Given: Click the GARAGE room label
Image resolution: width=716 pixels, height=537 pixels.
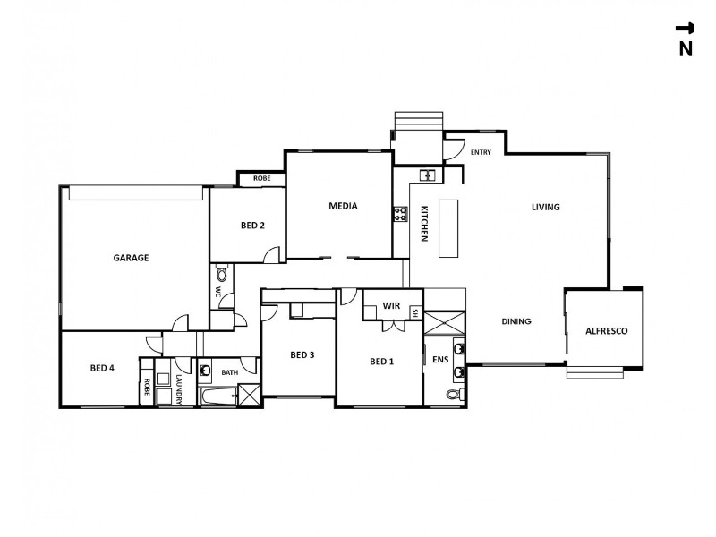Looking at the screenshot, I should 131,258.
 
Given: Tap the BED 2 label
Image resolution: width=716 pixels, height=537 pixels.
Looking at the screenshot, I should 252,226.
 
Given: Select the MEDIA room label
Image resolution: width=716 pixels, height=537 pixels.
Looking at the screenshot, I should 343,206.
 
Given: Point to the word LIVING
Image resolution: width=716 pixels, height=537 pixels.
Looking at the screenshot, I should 545,207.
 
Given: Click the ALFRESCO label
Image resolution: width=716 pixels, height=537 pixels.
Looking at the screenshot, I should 606,331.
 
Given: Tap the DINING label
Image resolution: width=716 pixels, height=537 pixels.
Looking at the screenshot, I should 516,321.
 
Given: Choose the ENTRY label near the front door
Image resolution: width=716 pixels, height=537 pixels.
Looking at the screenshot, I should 481,153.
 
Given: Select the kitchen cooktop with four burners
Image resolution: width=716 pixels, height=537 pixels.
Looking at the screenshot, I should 400,214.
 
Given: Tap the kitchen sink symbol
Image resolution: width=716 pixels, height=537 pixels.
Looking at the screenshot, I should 427,175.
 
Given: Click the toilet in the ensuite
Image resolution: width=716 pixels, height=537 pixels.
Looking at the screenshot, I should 453,395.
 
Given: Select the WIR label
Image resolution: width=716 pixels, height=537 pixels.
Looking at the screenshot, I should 391,306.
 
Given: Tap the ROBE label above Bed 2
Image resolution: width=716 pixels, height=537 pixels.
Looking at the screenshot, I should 261,179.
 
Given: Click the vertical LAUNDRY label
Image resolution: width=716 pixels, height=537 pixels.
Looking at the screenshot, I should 180,390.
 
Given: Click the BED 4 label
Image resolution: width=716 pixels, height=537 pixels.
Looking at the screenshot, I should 102,368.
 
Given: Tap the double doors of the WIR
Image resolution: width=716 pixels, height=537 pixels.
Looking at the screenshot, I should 390,325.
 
